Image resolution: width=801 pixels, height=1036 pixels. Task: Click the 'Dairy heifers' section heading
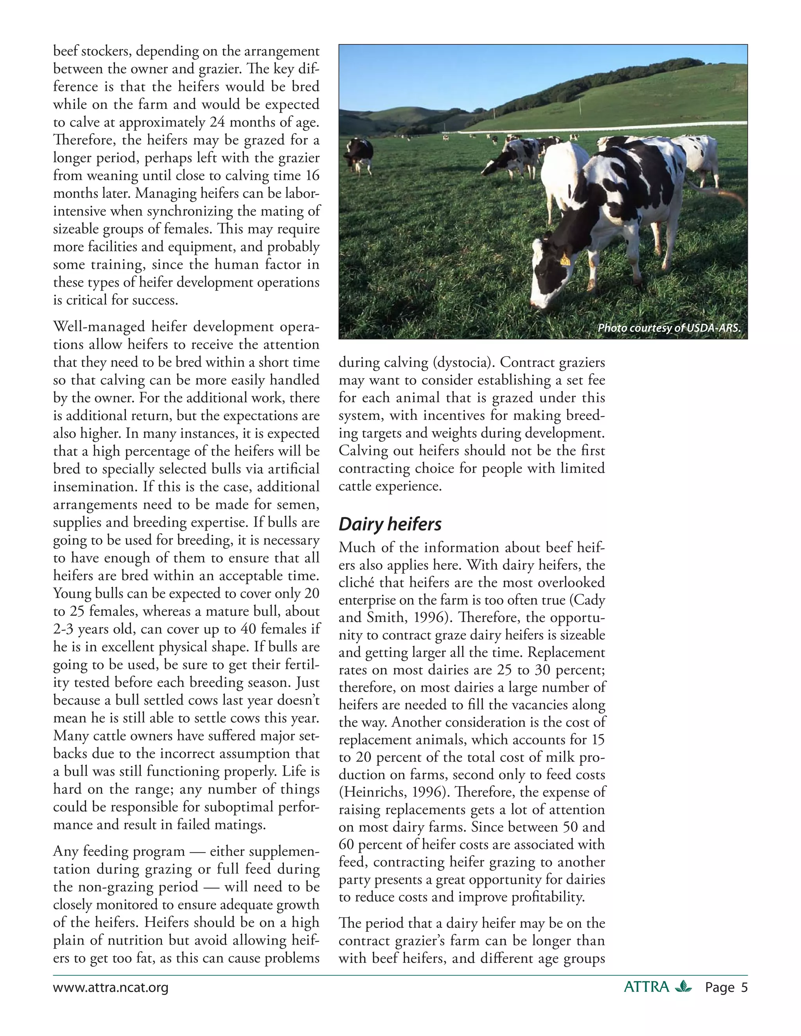coord(390,524)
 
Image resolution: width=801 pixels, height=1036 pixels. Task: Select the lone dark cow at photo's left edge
coord(359,154)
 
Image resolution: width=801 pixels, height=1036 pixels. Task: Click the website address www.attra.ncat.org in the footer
coord(111,988)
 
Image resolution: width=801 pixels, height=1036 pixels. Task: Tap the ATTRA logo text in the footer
coord(646,987)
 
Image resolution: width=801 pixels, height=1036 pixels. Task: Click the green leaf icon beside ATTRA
coord(683,987)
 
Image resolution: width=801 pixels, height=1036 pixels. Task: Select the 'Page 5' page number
coord(726,988)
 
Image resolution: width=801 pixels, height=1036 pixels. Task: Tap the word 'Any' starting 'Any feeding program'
coord(65,851)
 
